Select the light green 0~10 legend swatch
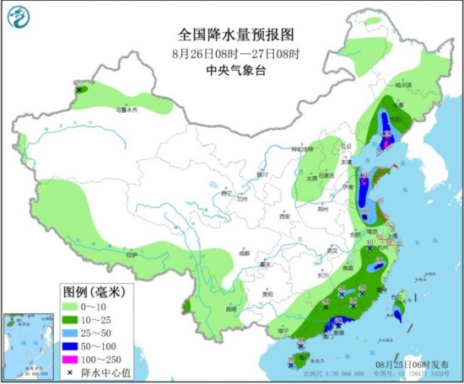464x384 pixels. coord(73,307)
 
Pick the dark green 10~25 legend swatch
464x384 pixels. coord(73,319)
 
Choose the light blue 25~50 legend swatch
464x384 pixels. coord(73,333)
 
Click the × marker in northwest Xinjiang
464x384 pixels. coord(78,88)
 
